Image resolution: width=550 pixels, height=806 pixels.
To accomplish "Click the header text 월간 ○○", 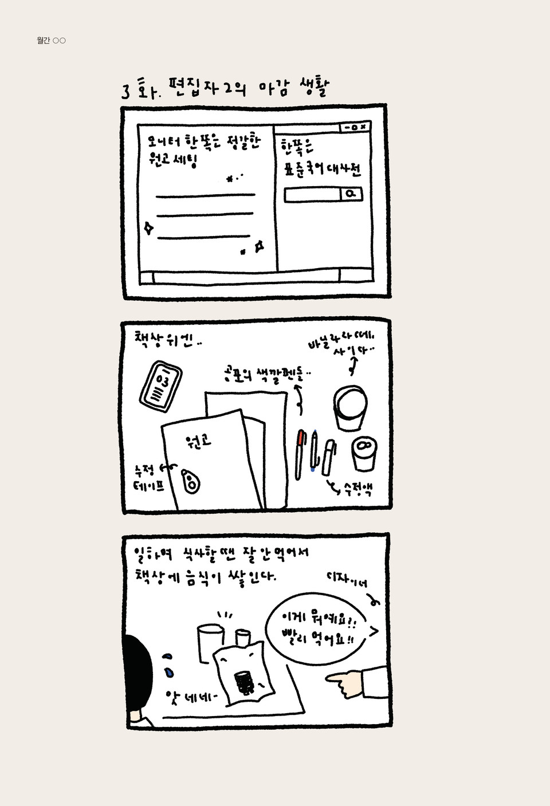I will [x=51, y=40].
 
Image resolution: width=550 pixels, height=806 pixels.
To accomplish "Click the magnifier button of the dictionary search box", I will [x=351, y=194].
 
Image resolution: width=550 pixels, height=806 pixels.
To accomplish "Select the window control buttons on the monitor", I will [x=355, y=127].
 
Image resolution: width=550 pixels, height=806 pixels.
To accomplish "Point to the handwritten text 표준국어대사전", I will [x=322, y=169].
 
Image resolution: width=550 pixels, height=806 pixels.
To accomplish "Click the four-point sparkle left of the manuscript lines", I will [x=148, y=228].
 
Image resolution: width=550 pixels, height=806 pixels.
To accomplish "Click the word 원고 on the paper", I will [x=198, y=441].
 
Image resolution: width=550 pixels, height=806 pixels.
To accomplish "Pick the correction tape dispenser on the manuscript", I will [x=191, y=481].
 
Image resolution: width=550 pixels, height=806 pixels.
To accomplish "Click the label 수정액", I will [x=358, y=489].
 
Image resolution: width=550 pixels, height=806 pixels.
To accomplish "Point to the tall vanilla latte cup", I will [x=350, y=407].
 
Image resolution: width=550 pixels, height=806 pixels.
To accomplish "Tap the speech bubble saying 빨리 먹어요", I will [x=317, y=629].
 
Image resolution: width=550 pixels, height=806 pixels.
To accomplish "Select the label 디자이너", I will [x=347, y=579].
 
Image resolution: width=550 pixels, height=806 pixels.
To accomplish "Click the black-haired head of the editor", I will [x=138, y=670].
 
